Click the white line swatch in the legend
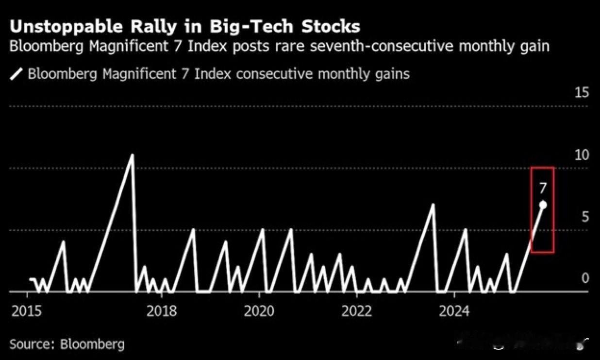pos(17,74)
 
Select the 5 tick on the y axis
pos(585,217)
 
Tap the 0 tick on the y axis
pos(585,278)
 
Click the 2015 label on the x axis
pos(27,310)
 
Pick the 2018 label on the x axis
pos(162,310)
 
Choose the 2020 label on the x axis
pos(260,310)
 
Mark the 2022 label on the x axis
pos(356,310)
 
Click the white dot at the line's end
pos(543,205)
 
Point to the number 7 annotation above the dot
pos(543,188)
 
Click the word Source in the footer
pos(31,344)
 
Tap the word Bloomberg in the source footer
pos(92,344)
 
